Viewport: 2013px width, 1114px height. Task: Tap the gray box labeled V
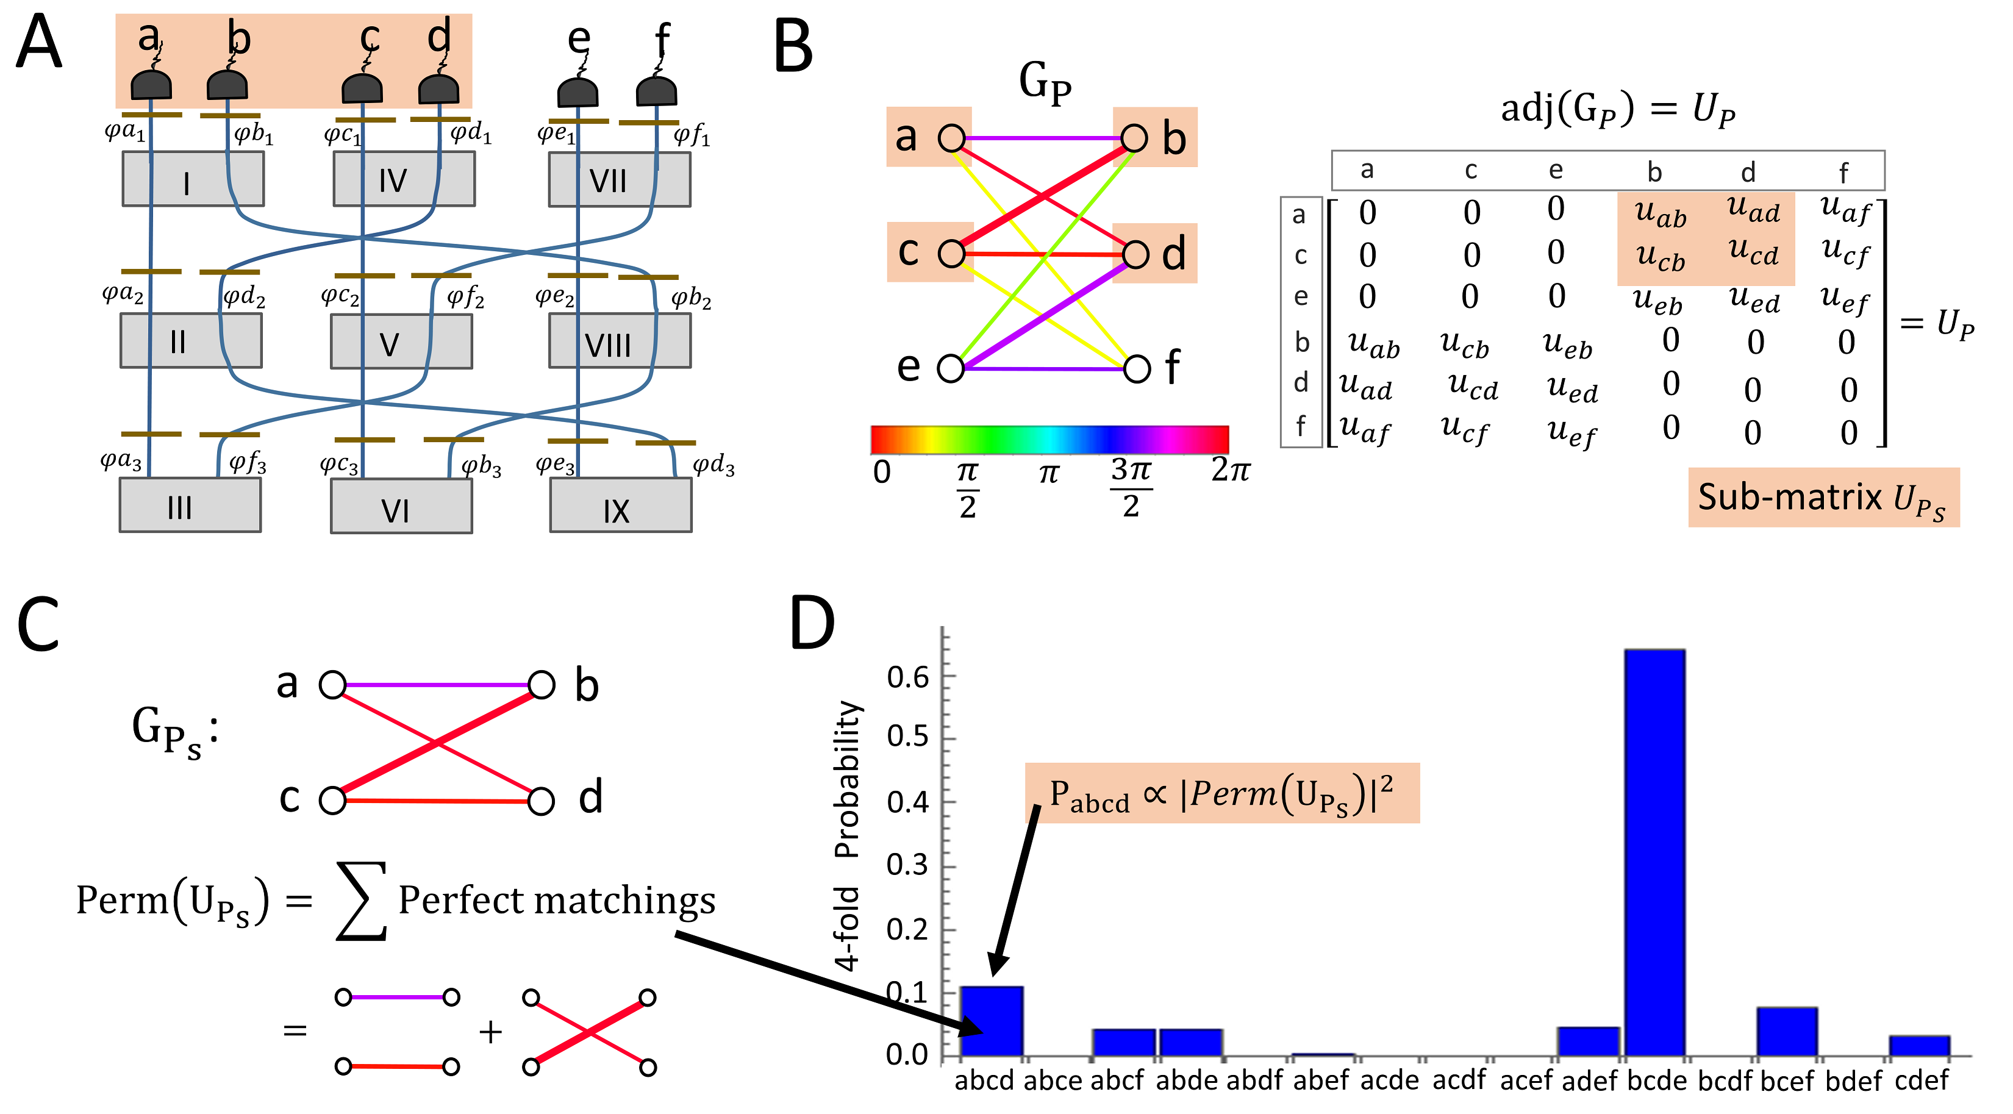pyautogui.click(x=401, y=341)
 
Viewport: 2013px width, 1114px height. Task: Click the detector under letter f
pyautogui.click(x=656, y=91)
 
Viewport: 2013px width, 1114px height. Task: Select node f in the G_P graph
pyautogui.click(x=1137, y=368)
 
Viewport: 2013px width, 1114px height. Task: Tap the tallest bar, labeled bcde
pyautogui.click(x=1654, y=852)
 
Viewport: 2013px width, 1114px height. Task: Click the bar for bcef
pyautogui.click(x=1787, y=1031)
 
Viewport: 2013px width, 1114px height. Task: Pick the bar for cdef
pyautogui.click(x=1919, y=1045)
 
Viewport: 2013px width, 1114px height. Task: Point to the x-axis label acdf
pyautogui.click(x=1459, y=1080)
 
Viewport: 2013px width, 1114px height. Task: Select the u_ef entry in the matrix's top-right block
pyautogui.click(x=1844, y=298)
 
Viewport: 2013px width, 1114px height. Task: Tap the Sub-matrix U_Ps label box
pyautogui.click(x=1823, y=498)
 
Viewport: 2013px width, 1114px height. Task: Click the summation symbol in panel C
pyautogui.click(x=361, y=900)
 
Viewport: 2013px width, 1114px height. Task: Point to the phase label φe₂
pyautogui.click(x=555, y=297)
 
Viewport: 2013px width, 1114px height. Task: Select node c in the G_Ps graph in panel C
pyautogui.click(x=333, y=801)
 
